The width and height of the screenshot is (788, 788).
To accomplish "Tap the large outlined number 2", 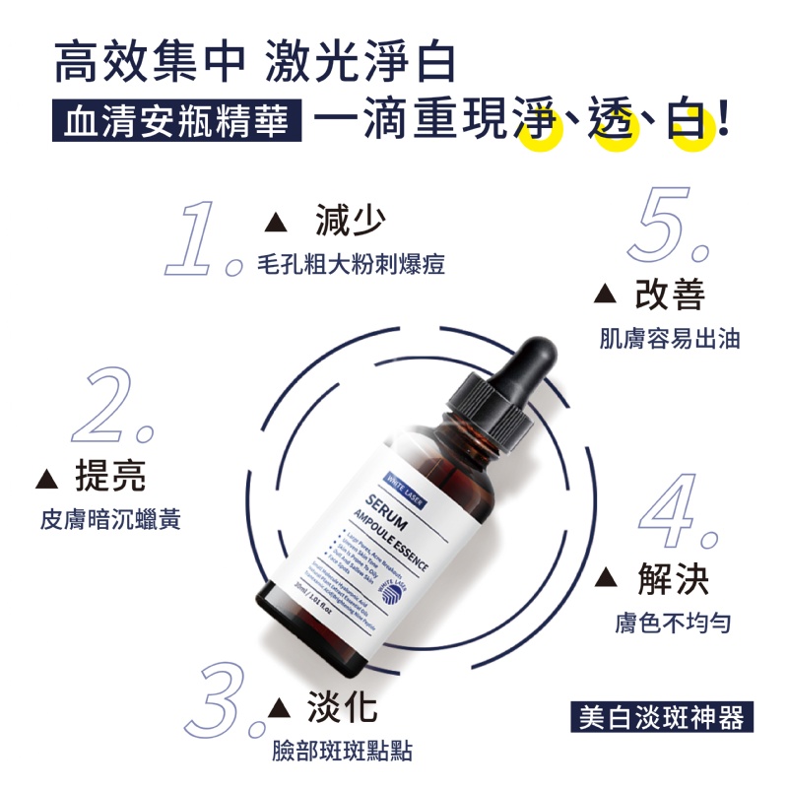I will [110, 406].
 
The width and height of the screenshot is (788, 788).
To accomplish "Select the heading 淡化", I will [341, 707].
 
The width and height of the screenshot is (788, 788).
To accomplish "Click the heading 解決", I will [674, 579].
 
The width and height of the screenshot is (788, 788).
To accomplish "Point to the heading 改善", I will [670, 293].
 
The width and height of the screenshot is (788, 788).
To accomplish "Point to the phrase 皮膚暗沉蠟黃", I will [111, 519].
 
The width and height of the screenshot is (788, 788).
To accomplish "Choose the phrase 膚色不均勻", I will [673, 623].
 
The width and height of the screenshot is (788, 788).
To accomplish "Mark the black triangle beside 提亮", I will [45, 479].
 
